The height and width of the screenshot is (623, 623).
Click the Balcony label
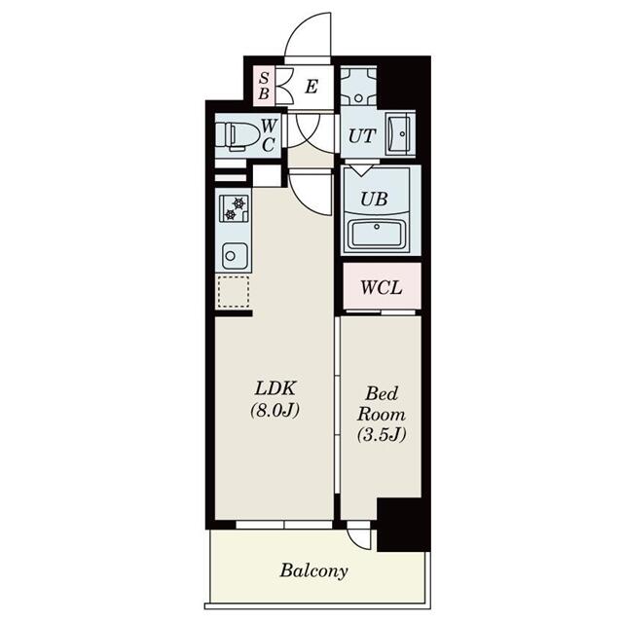click(313, 570)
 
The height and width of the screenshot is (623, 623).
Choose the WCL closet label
click(381, 288)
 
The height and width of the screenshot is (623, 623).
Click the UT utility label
click(360, 136)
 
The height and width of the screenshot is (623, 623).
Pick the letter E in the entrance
click(311, 87)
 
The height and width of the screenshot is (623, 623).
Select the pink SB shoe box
click(264, 87)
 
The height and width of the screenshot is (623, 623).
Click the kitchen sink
click(234, 256)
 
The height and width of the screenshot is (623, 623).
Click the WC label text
click(270, 134)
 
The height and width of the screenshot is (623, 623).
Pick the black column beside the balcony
click(403, 523)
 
